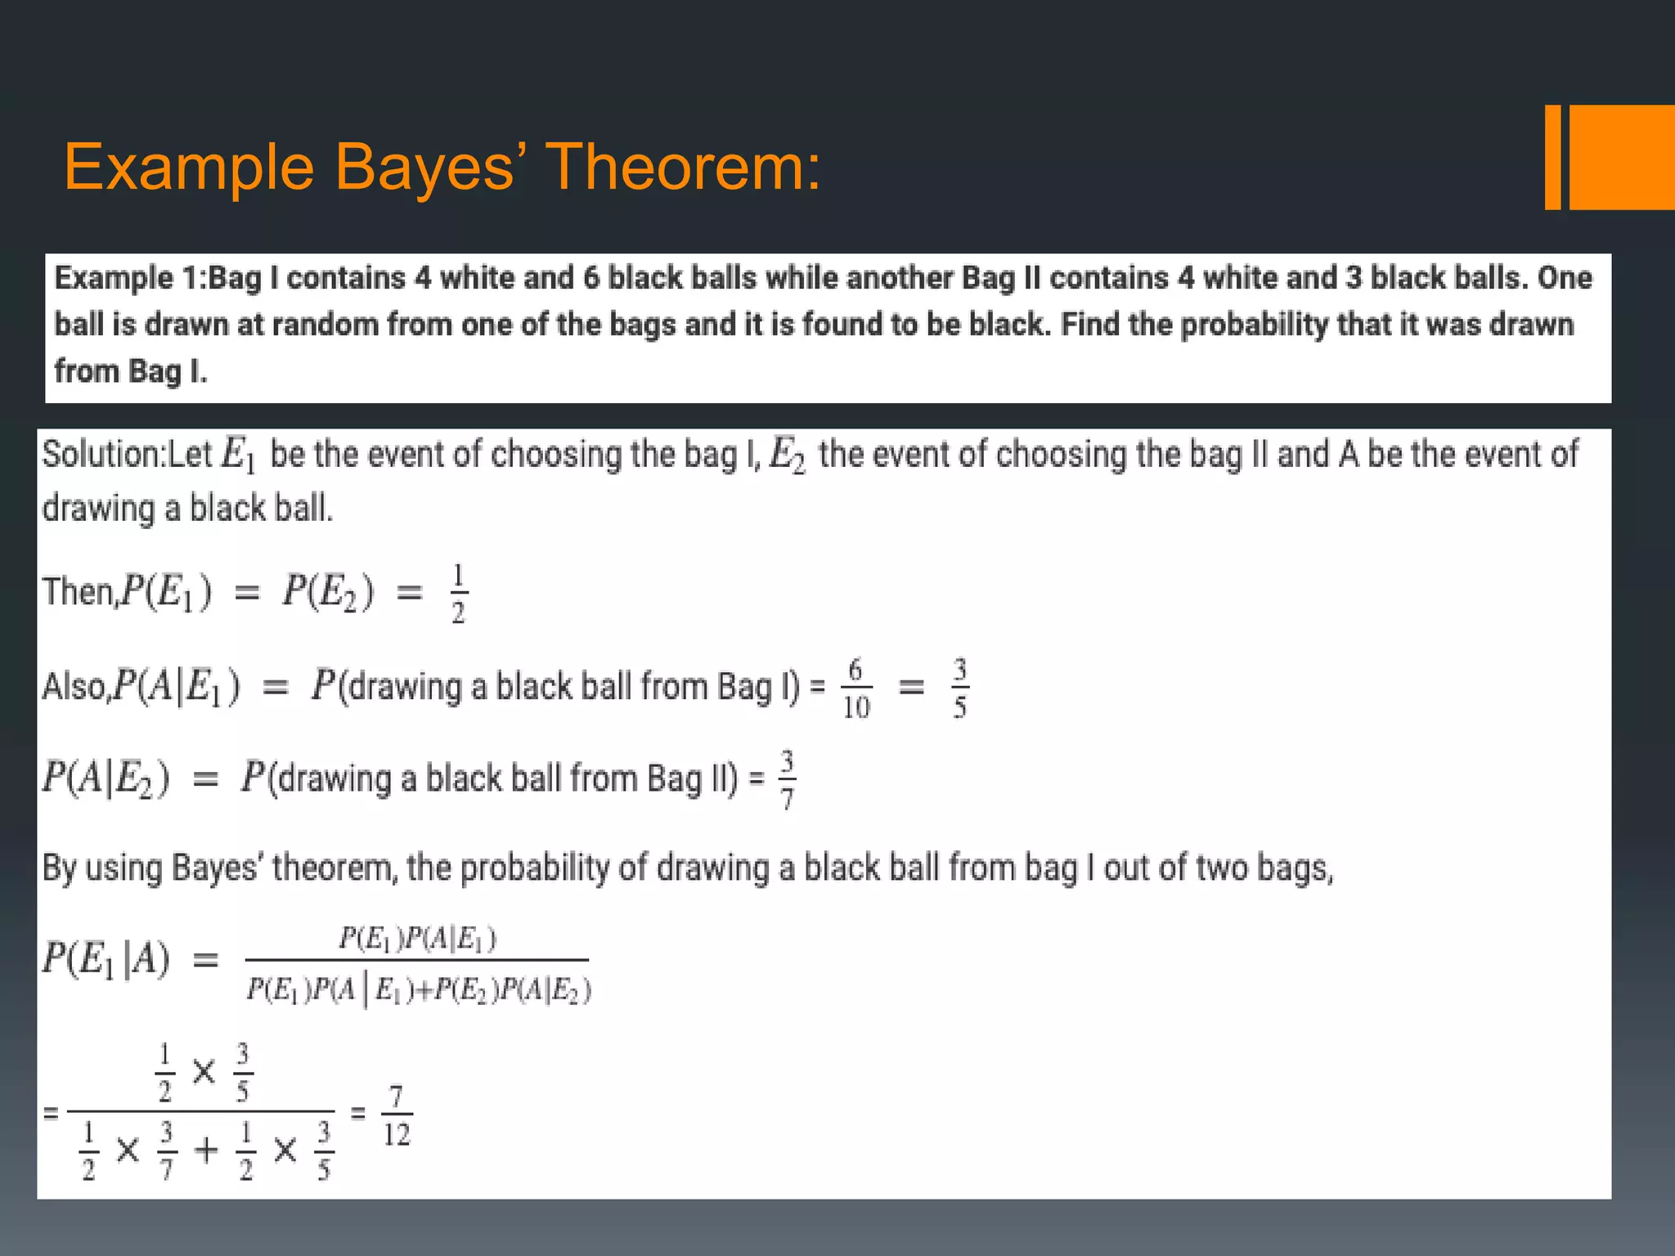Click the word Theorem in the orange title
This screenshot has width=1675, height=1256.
point(683,168)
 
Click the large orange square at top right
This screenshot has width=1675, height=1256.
point(1622,157)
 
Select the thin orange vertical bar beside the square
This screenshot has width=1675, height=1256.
point(1552,157)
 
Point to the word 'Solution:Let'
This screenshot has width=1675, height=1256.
point(128,455)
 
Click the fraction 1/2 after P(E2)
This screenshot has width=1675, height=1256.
point(458,593)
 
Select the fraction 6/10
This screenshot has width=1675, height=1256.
point(856,689)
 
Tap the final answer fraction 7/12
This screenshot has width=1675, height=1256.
point(397,1115)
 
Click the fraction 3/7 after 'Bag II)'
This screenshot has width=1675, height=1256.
point(787,779)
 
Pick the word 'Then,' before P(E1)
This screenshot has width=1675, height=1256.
point(80,592)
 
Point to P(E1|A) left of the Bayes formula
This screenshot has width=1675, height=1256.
point(106,958)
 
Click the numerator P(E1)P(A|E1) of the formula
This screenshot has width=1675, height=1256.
point(417,939)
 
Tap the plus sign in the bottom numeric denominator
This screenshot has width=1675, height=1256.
point(206,1151)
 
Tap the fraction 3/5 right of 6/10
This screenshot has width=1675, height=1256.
point(959,689)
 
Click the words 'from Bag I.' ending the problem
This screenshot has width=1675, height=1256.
point(131,372)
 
